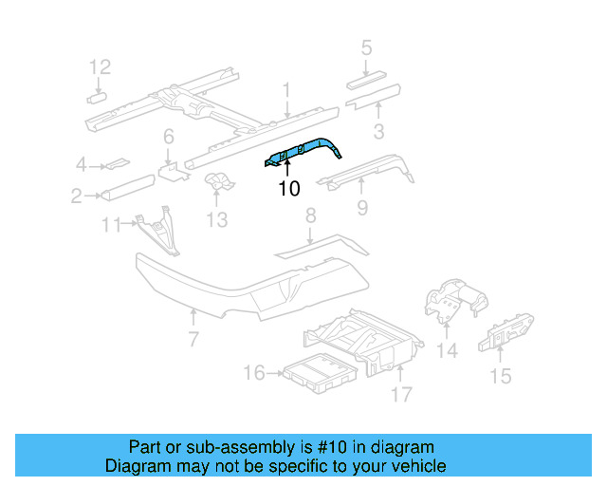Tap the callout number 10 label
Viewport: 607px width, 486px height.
(x=289, y=189)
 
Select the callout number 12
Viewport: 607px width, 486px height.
(x=100, y=66)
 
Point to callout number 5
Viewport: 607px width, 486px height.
(x=366, y=47)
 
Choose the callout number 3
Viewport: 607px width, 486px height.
(x=377, y=131)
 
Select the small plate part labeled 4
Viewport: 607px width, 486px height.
(x=116, y=163)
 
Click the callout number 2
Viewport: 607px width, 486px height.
(x=75, y=196)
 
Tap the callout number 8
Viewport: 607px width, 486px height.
(x=309, y=218)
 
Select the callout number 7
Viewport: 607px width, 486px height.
(x=193, y=339)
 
